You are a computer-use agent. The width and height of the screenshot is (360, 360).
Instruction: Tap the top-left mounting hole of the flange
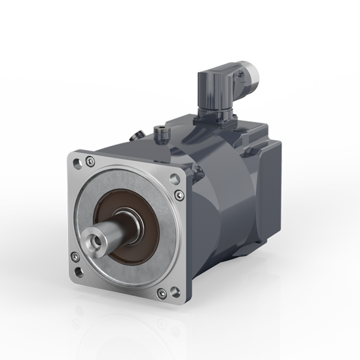(79, 158)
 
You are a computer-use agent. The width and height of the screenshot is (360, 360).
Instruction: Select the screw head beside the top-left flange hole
(90, 162)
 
